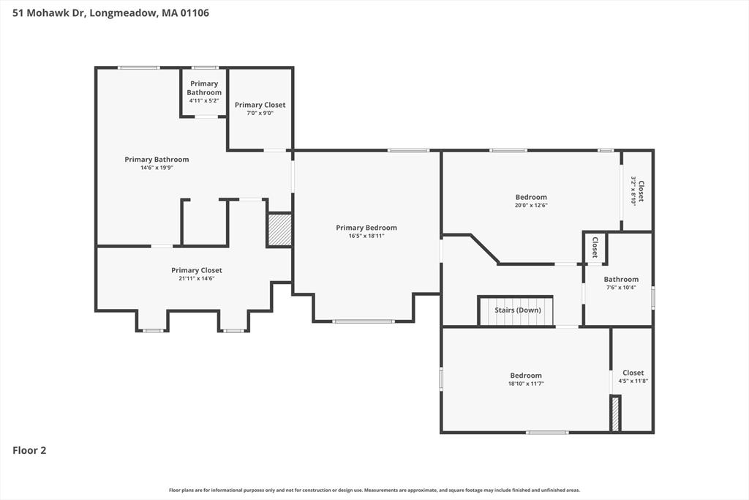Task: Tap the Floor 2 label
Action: (29, 450)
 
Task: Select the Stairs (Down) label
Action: (518, 310)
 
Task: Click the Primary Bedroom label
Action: (366, 228)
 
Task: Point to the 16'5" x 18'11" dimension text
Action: (366, 236)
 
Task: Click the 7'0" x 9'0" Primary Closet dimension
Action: (260, 113)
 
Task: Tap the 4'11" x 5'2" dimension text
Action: (204, 101)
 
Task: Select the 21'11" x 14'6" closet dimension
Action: (196, 278)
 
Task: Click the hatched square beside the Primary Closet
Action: (279, 230)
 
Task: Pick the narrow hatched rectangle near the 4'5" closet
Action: (616, 414)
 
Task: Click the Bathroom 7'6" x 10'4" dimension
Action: (621, 287)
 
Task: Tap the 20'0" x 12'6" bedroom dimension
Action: (531, 205)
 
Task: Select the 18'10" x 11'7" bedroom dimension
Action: (526, 384)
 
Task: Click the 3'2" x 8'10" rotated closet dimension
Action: (633, 191)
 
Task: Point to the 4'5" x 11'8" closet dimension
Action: (633, 381)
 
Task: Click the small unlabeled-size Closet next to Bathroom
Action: (595, 247)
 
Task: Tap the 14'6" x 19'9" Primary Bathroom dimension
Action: (157, 168)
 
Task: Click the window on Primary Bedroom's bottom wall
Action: (364, 321)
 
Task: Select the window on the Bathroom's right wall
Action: (653, 296)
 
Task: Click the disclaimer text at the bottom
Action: (374, 490)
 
